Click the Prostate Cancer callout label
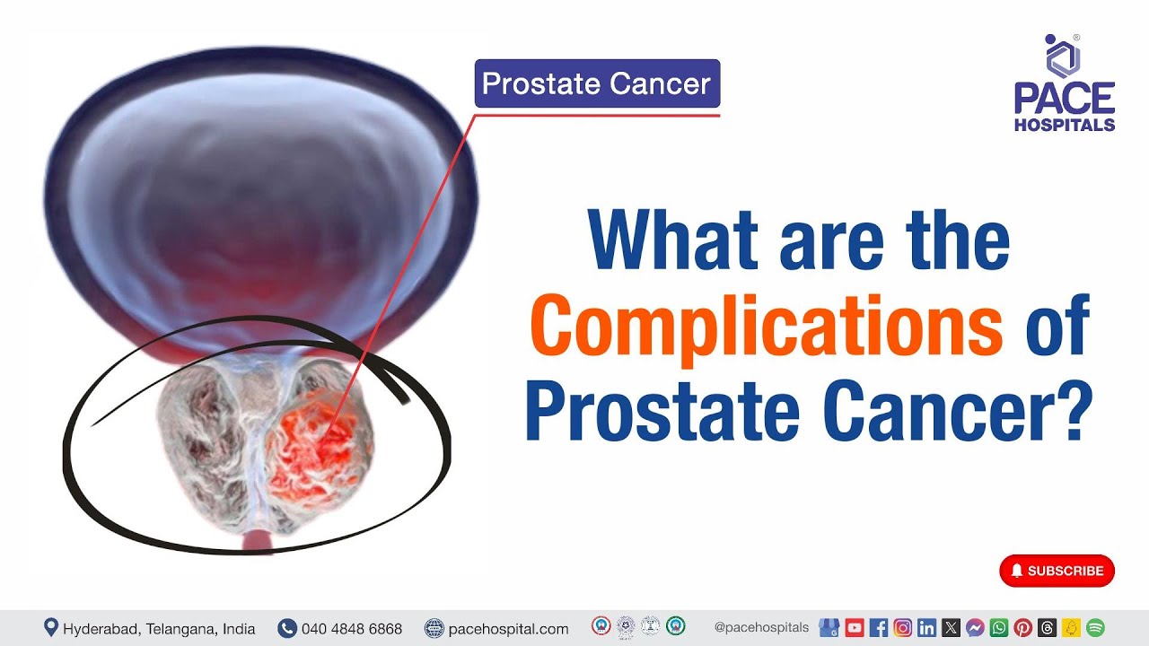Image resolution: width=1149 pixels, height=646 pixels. (x=597, y=84)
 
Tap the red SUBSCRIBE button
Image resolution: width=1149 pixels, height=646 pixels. (x=1057, y=571)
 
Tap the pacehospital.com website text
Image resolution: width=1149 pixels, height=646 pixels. (x=508, y=629)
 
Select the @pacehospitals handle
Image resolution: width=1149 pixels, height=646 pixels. (x=761, y=628)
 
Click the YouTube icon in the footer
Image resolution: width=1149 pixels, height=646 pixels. (x=855, y=628)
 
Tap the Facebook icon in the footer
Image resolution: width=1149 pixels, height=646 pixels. (x=879, y=628)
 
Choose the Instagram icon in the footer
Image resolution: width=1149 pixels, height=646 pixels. (x=903, y=628)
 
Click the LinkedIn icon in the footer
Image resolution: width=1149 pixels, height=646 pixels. (x=927, y=628)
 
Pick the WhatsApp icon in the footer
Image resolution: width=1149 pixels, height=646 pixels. (x=999, y=628)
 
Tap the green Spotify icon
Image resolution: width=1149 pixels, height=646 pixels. (x=1095, y=628)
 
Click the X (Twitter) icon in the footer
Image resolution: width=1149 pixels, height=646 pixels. (x=952, y=628)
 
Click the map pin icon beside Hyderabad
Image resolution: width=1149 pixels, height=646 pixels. (x=51, y=628)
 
